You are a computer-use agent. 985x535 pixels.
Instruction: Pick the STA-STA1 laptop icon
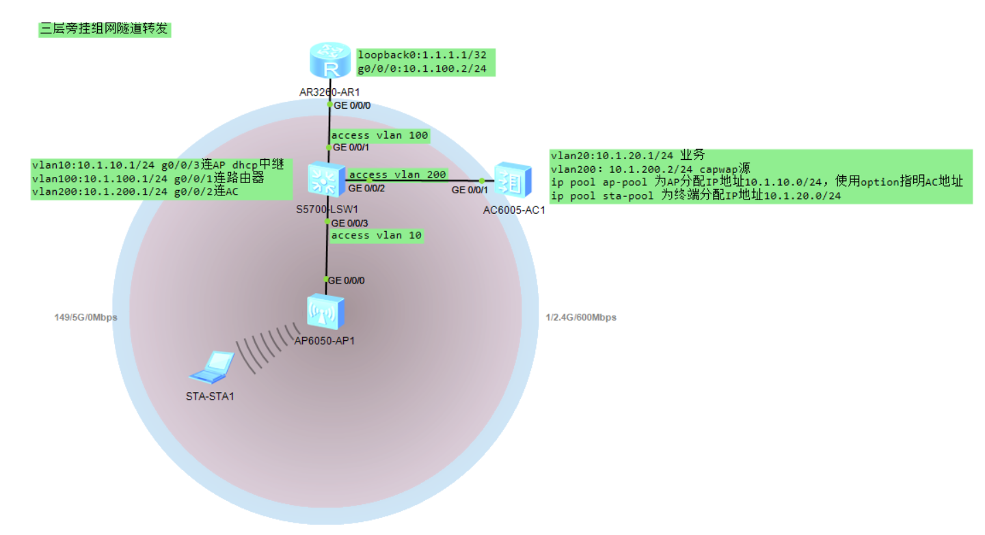(x=211, y=368)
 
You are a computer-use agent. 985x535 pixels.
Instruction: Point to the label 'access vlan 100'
(x=379, y=135)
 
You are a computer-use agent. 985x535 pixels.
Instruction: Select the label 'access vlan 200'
(x=397, y=175)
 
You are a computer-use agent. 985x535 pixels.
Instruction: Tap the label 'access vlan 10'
(x=376, y=235)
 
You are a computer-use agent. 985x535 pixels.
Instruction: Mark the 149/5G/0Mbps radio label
(x=85, y=318)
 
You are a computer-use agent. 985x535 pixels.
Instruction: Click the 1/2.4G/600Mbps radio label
(x=581, y=318)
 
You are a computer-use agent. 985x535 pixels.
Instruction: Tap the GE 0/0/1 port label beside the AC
(x=470, y=190)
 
